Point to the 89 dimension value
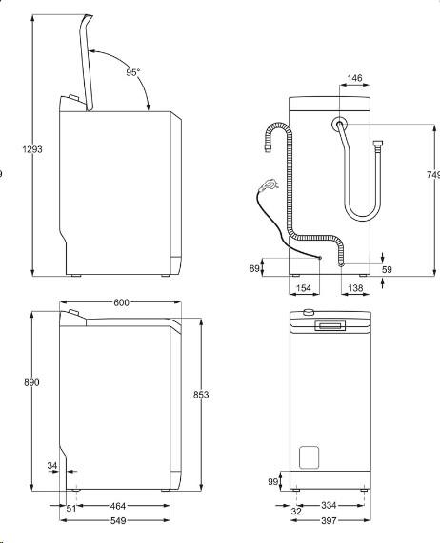coord(254,269)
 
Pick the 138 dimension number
coord(354,286)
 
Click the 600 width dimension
coord(121,302)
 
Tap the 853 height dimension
coord(200,394)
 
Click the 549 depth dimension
coord(117,521)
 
